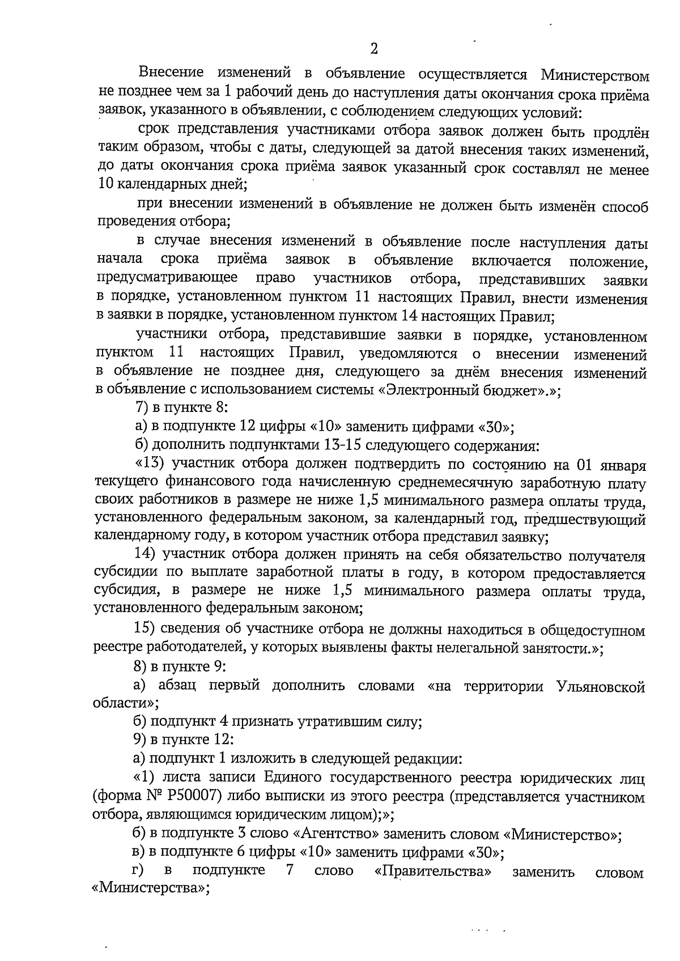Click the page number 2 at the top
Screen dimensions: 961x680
373,49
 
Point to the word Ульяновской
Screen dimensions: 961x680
601,687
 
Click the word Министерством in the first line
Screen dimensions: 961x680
594,75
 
